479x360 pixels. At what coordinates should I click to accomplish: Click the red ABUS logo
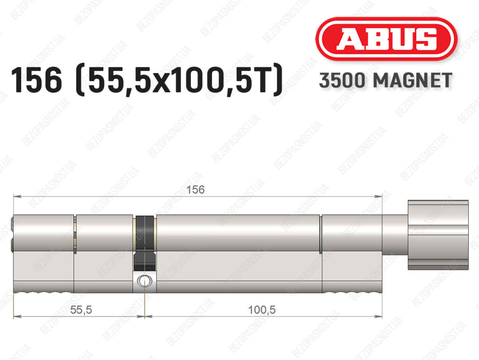coord(386,39)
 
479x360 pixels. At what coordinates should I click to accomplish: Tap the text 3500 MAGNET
coord(385,81)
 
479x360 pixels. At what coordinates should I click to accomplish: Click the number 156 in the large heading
coord(36,80)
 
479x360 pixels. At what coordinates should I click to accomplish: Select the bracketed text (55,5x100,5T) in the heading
coord(179,80)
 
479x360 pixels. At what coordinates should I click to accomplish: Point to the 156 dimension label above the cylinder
coord(195,190)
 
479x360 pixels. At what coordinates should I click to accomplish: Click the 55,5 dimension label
coord(81,310)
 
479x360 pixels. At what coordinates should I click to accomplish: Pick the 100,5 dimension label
coord(262,310)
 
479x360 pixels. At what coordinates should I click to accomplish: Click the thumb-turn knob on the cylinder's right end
coord(438,235)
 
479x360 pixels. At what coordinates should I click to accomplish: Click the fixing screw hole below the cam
coord(145,280)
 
